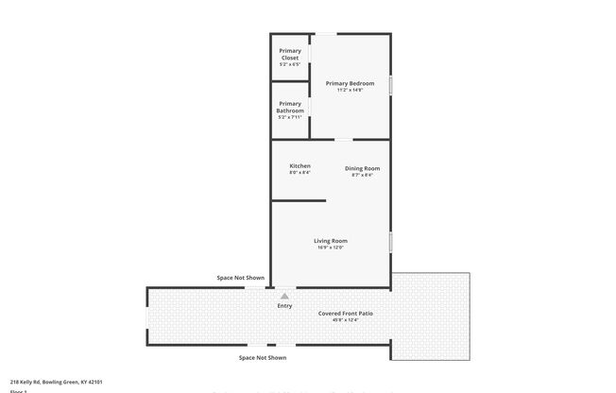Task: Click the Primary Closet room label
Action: [290, 55]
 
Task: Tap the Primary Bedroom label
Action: [350, 83]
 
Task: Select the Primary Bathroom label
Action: [290, 107]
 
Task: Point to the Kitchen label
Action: [299, 165]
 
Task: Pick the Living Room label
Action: [331, 241]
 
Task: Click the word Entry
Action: [284, 306]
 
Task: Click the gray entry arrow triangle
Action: [284, 296]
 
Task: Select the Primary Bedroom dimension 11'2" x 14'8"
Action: [350, 90]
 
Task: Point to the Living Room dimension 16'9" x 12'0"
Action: [331, 248]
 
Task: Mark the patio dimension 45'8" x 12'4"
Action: [345, 319]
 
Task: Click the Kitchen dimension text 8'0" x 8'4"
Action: [299, 172]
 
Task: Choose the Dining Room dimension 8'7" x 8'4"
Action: [362, 175]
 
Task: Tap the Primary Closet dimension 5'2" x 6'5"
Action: [290, 64]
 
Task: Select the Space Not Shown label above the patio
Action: [241, 278]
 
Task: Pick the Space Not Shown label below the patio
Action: [263, 358]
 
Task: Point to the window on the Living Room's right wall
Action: [390, 241]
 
